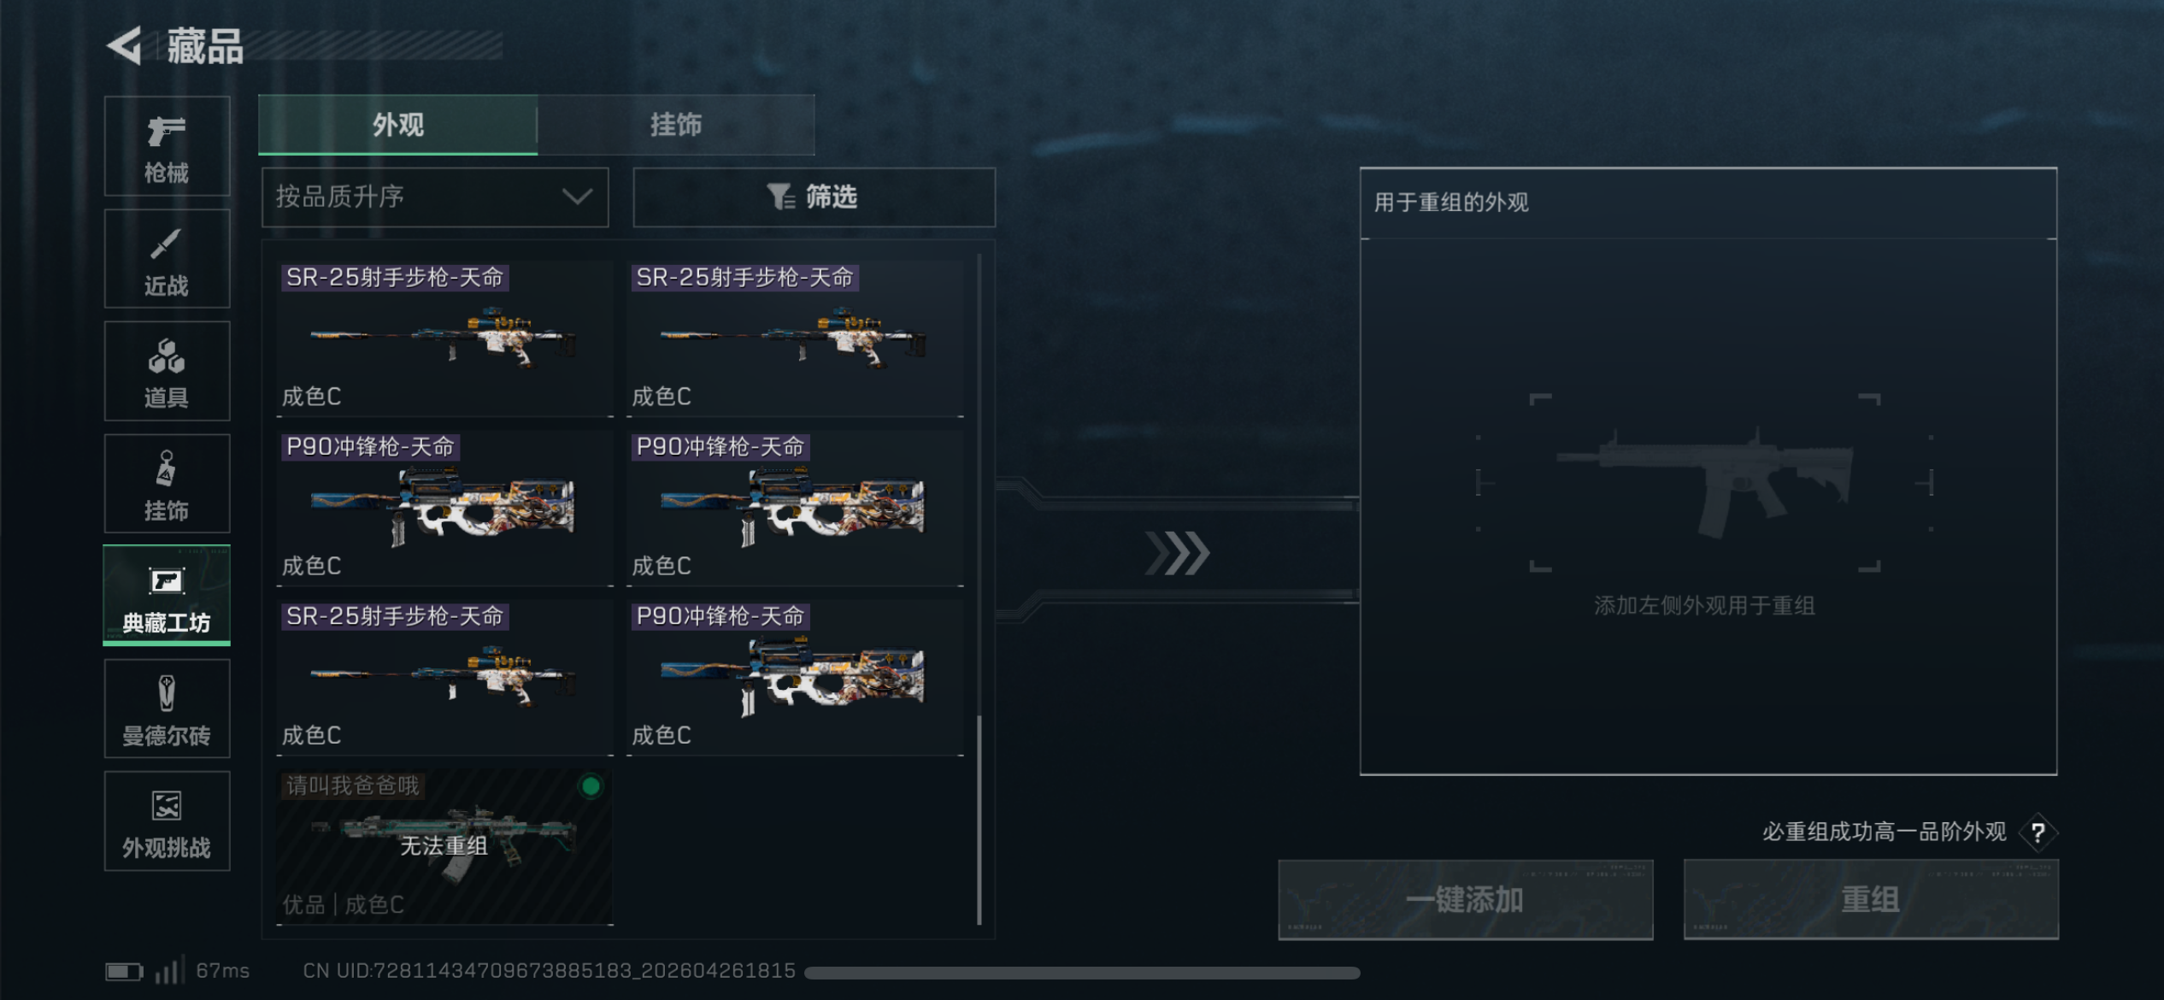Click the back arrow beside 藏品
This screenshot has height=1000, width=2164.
tap(125, 45)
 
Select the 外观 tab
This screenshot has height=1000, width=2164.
tap(398, 125)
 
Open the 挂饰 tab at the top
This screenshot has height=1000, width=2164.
tap(675, 125)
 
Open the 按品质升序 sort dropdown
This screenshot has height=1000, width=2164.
tap(435, 197)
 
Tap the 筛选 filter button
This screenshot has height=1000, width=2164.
tap(814, 197)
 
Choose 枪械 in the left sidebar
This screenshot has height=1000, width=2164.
tap(167, 146)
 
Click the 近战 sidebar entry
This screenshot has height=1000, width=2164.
tap(167, 258)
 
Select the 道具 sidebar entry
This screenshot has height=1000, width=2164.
tap(167, 371)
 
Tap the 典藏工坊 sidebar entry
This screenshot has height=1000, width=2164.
tap(167, 595)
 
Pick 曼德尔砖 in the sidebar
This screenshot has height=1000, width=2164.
tap(167, 708)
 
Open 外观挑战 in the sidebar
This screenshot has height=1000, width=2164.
tap(167, 821)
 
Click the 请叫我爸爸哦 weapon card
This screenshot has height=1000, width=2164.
tap(444, 846)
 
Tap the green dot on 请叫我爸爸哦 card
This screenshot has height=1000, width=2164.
tap(591, 786)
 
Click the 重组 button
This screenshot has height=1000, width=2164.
tap(1871, 899)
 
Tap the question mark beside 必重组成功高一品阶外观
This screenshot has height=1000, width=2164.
tap(2038, 832)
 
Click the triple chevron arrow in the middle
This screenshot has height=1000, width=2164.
tap(1178, 553)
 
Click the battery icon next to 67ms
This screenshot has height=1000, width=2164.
tap(123, 972)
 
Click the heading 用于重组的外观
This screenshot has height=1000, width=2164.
tap(1451, 203)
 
